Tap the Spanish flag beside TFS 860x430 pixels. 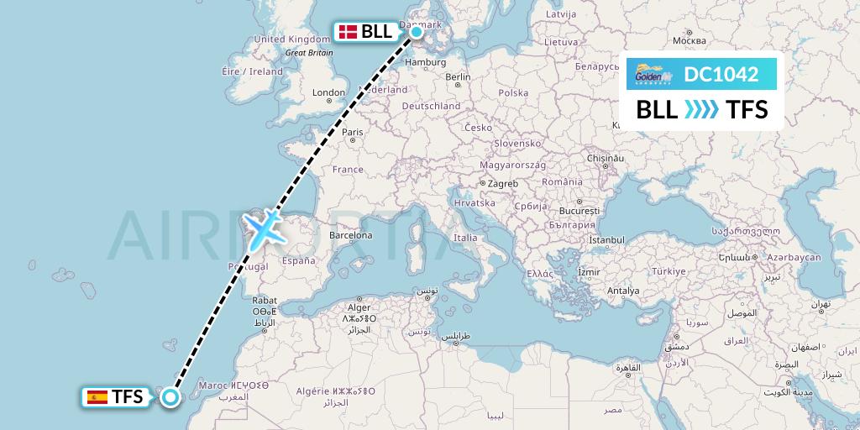[x=97, y=397]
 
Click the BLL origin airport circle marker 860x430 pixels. [x=417, y=32]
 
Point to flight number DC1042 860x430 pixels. [x=721, y=75]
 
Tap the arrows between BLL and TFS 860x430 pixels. [x=701, y=110]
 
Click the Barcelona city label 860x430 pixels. [x=350, y=236]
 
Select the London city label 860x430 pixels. [x=328, y=92]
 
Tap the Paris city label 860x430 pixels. [x=352, y=132]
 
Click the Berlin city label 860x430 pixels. [x=458, y=77]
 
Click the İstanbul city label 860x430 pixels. [x=606, y=240]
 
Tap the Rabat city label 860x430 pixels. [x=265, y=300]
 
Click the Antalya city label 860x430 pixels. [x=622, y=291]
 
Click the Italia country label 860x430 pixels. [x=465, y=238]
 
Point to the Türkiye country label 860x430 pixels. [x=669, y=271]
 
